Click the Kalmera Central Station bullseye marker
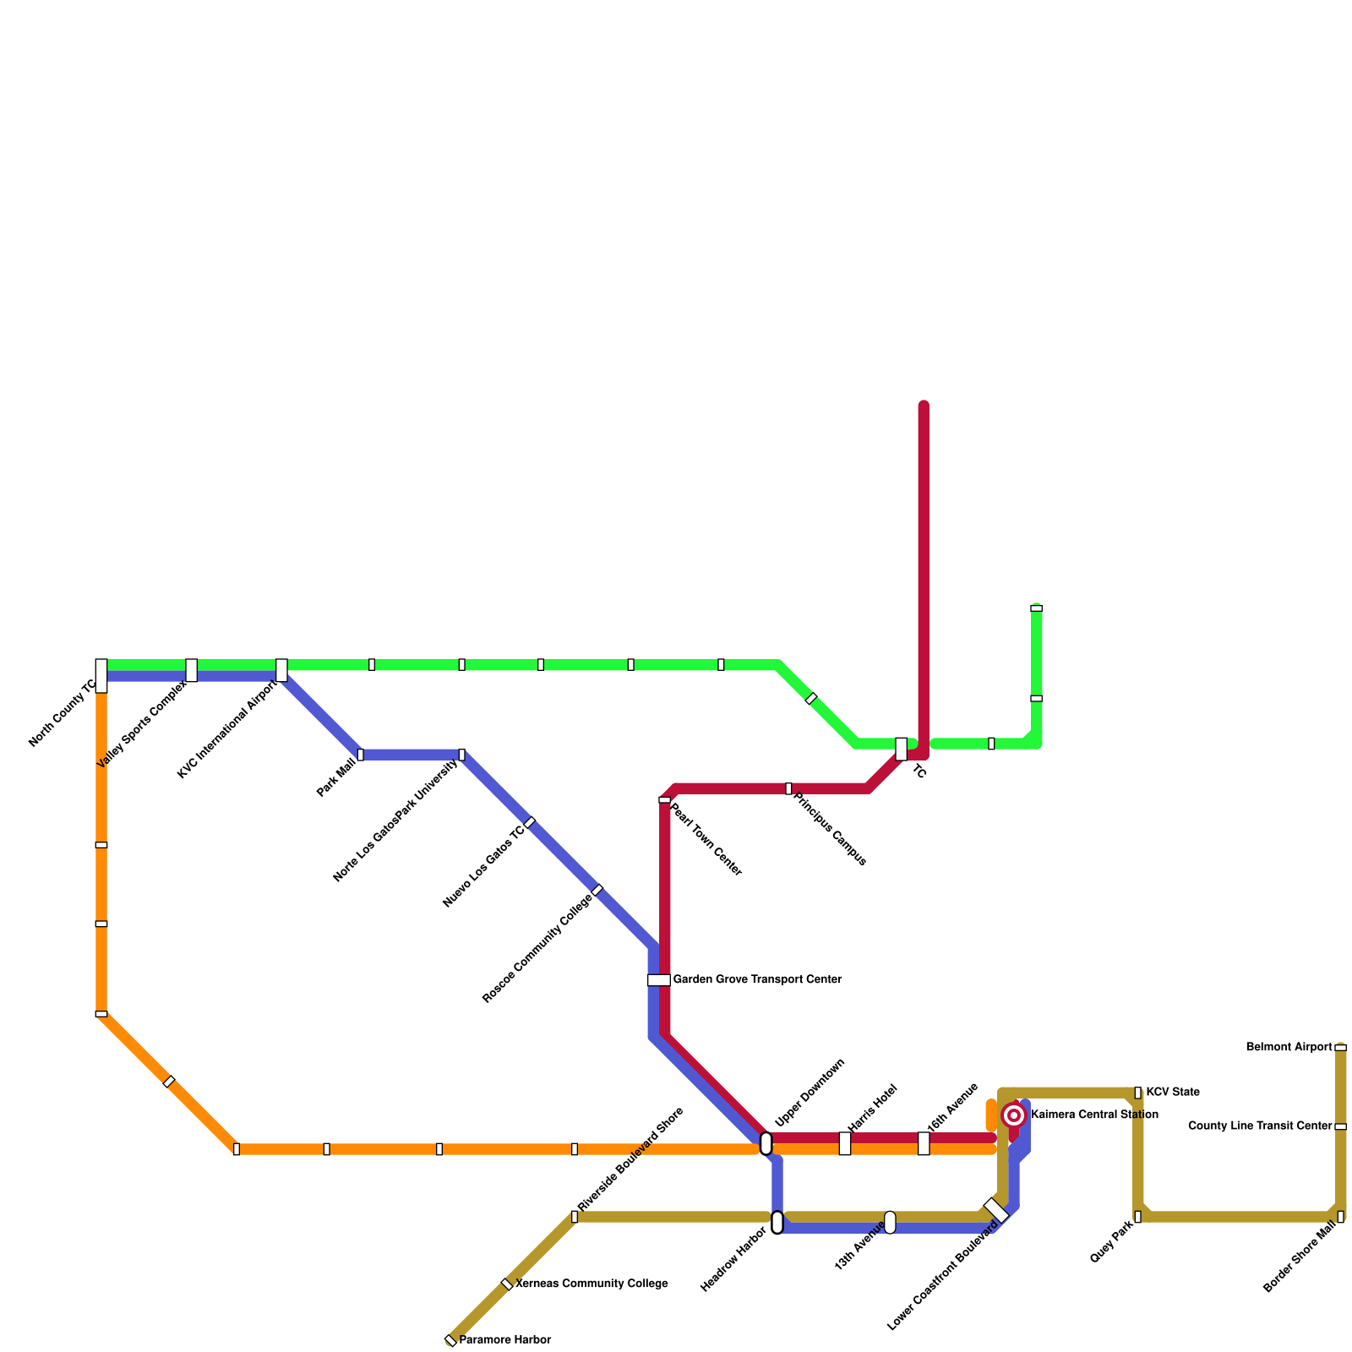[1014, 1115]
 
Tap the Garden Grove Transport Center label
[757, 980]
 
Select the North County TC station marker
[101, 675]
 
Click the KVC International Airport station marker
[281, 670]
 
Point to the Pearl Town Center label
[705, 839]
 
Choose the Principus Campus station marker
[788, 788]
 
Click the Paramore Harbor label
[504, 1340]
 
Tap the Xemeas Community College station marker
[507, 1284]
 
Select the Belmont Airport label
[1289, 1048]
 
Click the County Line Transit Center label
[1260, 1126]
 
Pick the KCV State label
[1172, 1093]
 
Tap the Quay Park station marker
[1137, 1217]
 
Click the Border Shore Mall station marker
[1340, 1217]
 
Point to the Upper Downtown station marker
[766, 1143]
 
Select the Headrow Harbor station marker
[777, 1222]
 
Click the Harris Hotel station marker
[845, 1143]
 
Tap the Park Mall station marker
[360, 755]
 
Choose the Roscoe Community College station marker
[597, 890]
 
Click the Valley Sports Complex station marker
[192, 670]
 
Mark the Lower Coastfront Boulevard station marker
[996, 1210]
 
